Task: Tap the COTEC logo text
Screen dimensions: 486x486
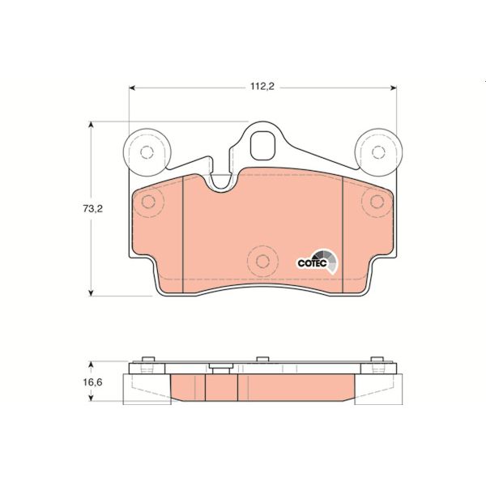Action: [x=310, y=262]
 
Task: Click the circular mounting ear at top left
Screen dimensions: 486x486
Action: [x=147, y=151]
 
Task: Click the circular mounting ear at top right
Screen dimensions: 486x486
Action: [x=378, y=151]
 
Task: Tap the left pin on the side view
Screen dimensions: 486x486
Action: [x=146, y=362]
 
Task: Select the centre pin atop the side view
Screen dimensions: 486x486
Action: [x=262, y=360]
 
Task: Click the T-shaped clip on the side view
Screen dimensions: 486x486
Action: [x=217, y=369]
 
